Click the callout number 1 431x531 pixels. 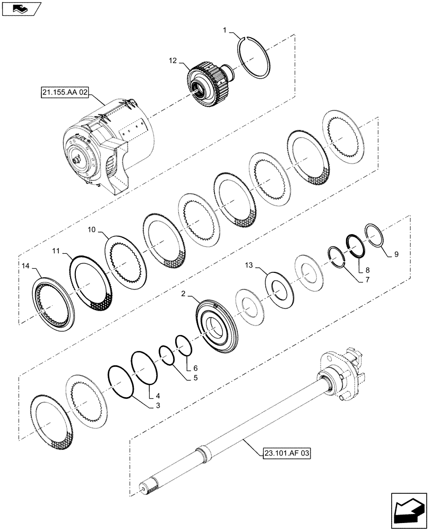click(x=225, y=32)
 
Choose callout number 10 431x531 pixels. click(x=91, y=229)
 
